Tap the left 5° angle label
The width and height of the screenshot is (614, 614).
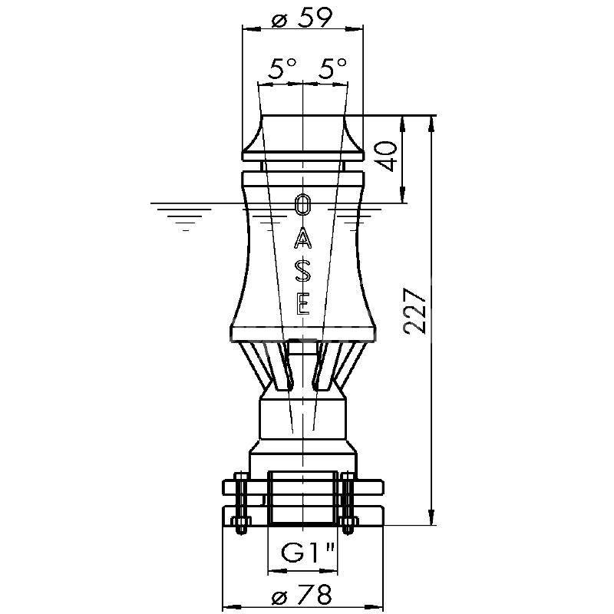coord(282,68)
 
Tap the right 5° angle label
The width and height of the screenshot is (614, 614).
coord(332,68)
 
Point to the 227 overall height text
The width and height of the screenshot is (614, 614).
coord(415,312)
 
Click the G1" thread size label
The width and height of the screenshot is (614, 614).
coord(309,552)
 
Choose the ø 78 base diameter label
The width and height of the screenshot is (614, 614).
coord(302,596)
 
